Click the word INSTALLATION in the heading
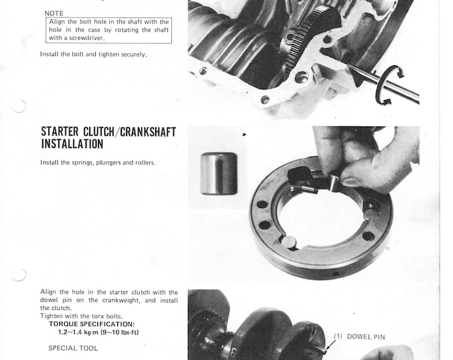pos(72,143)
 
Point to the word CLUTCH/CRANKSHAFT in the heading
pos(137,131)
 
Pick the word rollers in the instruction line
pos(143,163)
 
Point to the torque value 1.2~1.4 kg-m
pos(77,332)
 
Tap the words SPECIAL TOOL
pos(73,348)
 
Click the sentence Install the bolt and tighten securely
pos(93,54)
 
